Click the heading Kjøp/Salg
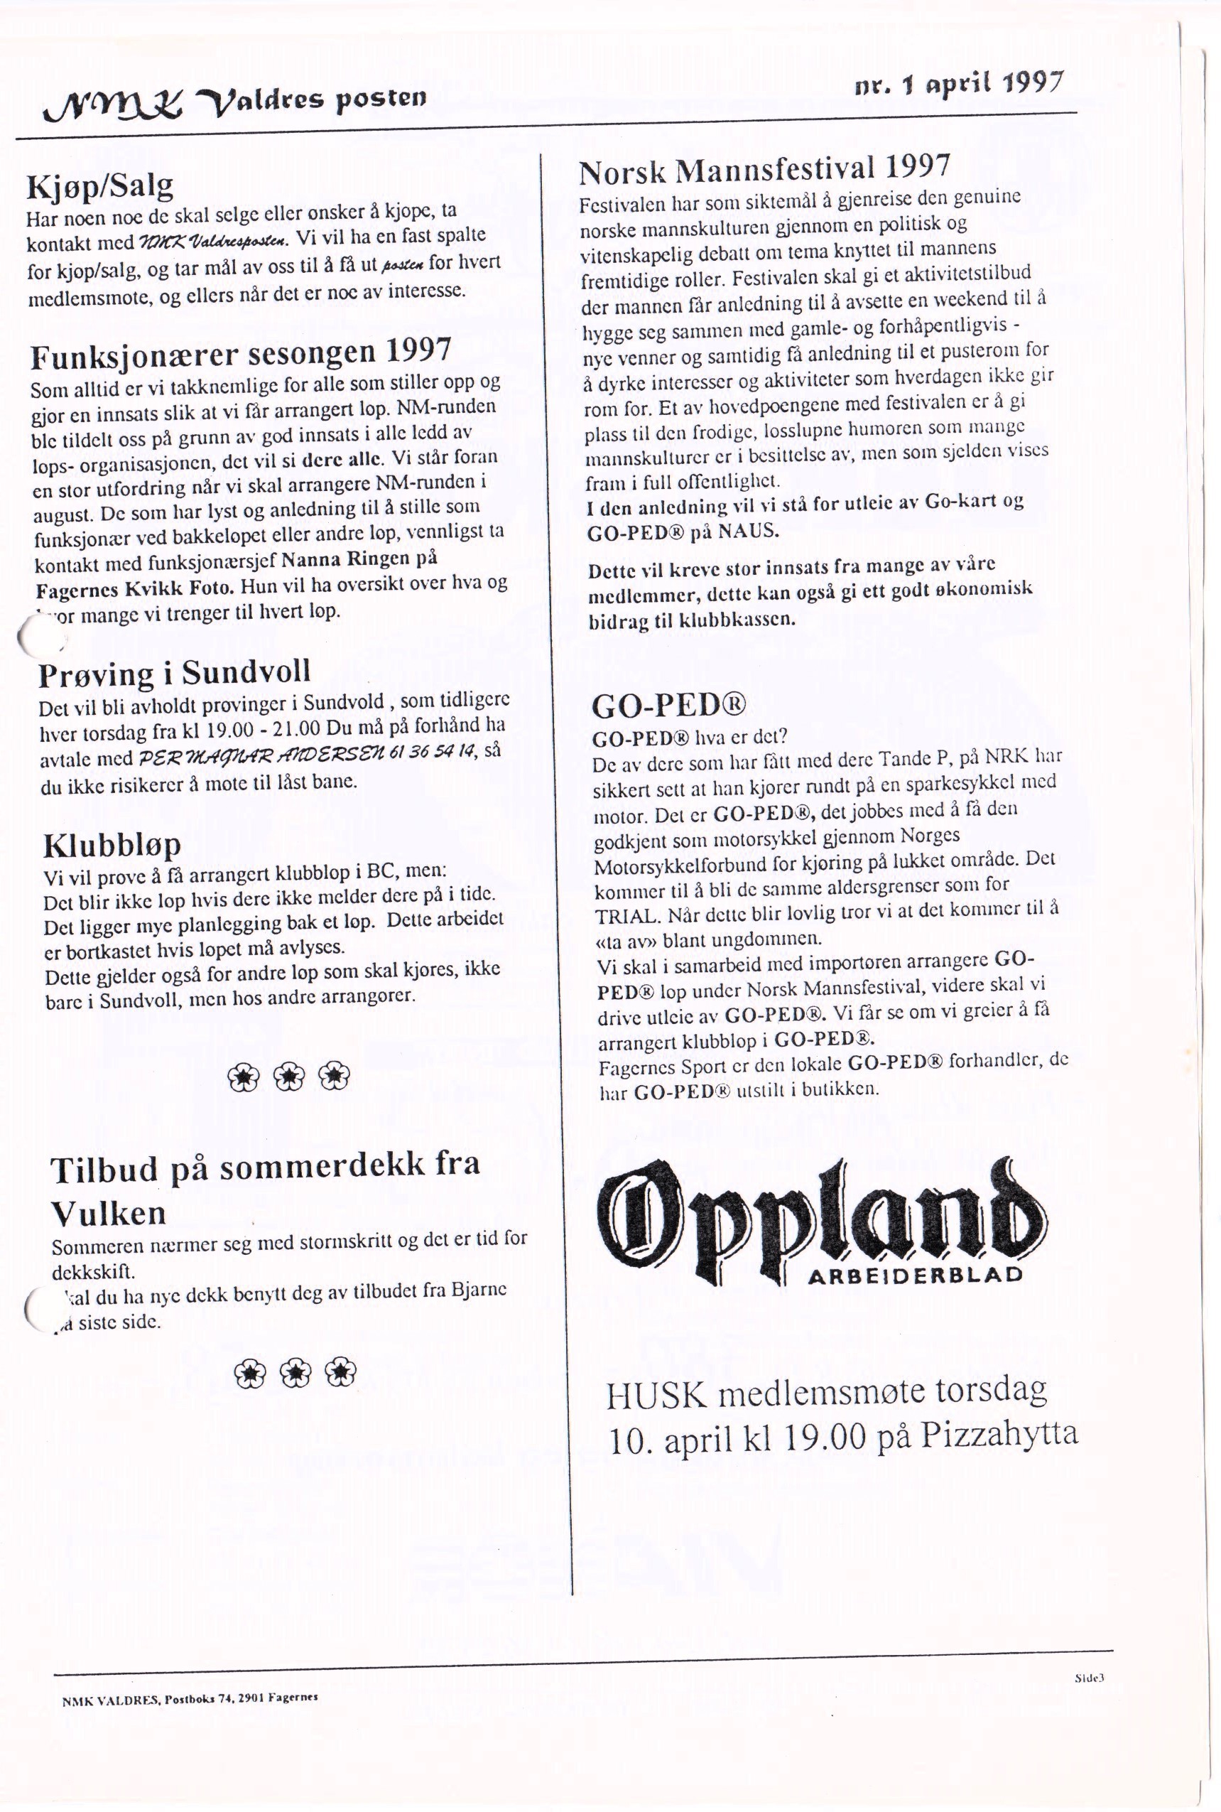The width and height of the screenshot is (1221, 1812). (x=99, y=186)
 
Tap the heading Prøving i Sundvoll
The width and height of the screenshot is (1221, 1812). (x=175, y=672)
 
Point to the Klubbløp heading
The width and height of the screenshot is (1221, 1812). (x=112, y=845)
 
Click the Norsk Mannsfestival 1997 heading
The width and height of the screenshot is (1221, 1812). (x=764, y=169)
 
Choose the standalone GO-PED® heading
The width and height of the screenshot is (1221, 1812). (x=669, y=706)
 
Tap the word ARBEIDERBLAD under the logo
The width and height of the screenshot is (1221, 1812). (x=915, y=1276)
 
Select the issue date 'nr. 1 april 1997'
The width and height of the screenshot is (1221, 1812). (x=960, y=84)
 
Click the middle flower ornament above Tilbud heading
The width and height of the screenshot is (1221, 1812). (x=289, y=1077)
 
